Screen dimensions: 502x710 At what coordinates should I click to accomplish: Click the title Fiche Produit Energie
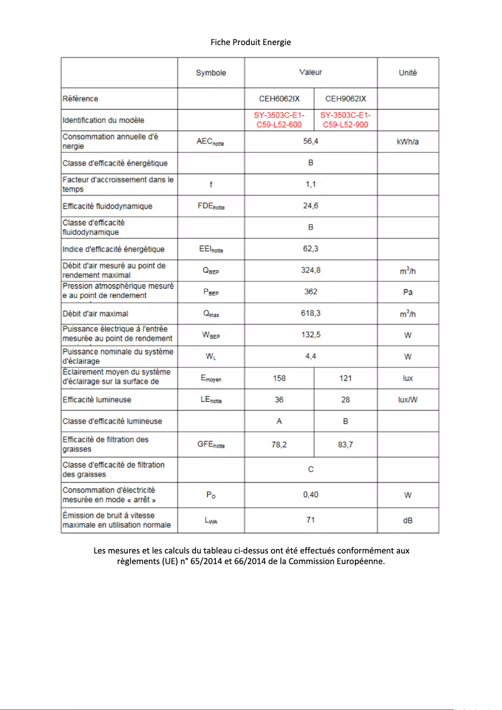pyautogui.click(x=250, y=42)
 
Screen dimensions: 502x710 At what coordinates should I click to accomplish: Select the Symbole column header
pyautogui.click(x=211, y=73)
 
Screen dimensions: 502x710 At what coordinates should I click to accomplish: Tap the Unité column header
pyautogui.click(x=407, y=73)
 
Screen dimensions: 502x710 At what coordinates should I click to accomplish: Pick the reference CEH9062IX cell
pyautogui.click(x=346, y=98)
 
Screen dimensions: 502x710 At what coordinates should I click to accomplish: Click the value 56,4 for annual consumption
pyautogui.click(x=310, y=141)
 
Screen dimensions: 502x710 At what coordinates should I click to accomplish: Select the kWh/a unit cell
pyautogui.click(x=407, y=142)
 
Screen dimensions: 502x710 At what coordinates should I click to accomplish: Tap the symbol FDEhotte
pyautogui.click(x=211, y=206)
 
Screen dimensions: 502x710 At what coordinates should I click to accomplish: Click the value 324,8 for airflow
pyautogui.click(x=310, y=270)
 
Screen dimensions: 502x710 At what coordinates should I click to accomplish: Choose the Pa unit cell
pyautogui.click(x=407, y=292)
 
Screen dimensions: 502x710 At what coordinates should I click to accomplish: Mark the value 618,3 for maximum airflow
pyautogui.click(x=310, y=313)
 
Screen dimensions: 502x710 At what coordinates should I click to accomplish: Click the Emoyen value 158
pyautogui.click(x=279, y=378)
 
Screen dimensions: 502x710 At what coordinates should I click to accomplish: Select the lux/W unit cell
pyautogui.click(x=407, y=399)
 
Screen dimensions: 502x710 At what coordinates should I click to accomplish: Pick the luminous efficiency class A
pyautogui.click(x=279, y=421)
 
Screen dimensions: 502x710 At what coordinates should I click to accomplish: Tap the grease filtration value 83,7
pyautogui.click(x=346, y=445)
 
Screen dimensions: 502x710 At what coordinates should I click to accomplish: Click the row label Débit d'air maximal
pyautogui.click(x=95, y=313)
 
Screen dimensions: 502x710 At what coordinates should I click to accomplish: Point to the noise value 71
pyautogui.click(x=310, y=520)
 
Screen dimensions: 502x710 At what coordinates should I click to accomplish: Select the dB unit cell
pyautogui.click(x=407, y=520)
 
